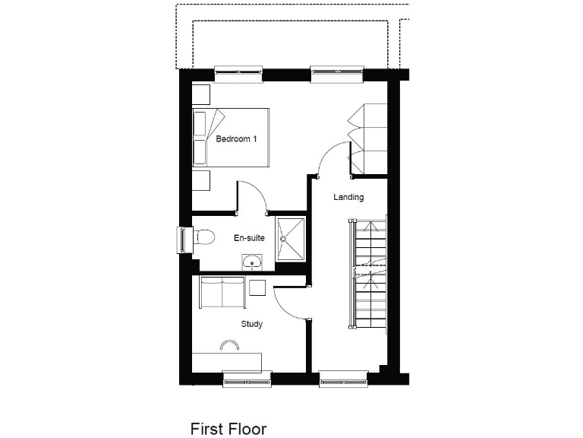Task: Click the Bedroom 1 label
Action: coord(236,139)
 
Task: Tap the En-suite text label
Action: coord(249,238)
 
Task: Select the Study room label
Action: coord(252,324)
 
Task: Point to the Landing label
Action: coord(349,197)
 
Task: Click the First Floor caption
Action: coord(228,429)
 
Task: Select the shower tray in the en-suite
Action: coord(290,238)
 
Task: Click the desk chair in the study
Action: coord(228,346)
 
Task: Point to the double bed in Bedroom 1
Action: coord(232,138)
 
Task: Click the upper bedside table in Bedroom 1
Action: coord(200,94)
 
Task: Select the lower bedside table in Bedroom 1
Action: coord(200,180)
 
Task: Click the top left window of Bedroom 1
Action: coord(238,73)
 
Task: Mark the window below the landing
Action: coord(343,377)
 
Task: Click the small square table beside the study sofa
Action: coord(257,287)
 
